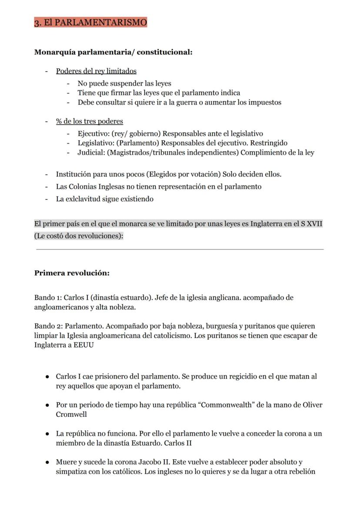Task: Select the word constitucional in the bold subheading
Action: (x=164, y=52)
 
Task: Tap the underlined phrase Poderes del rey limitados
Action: (x=96, y=71)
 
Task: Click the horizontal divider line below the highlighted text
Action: (x=180, y=249)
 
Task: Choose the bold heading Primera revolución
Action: (x=72, y=273)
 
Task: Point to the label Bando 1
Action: (x=48, y=298)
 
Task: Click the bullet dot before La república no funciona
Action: (x=47, y=434)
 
